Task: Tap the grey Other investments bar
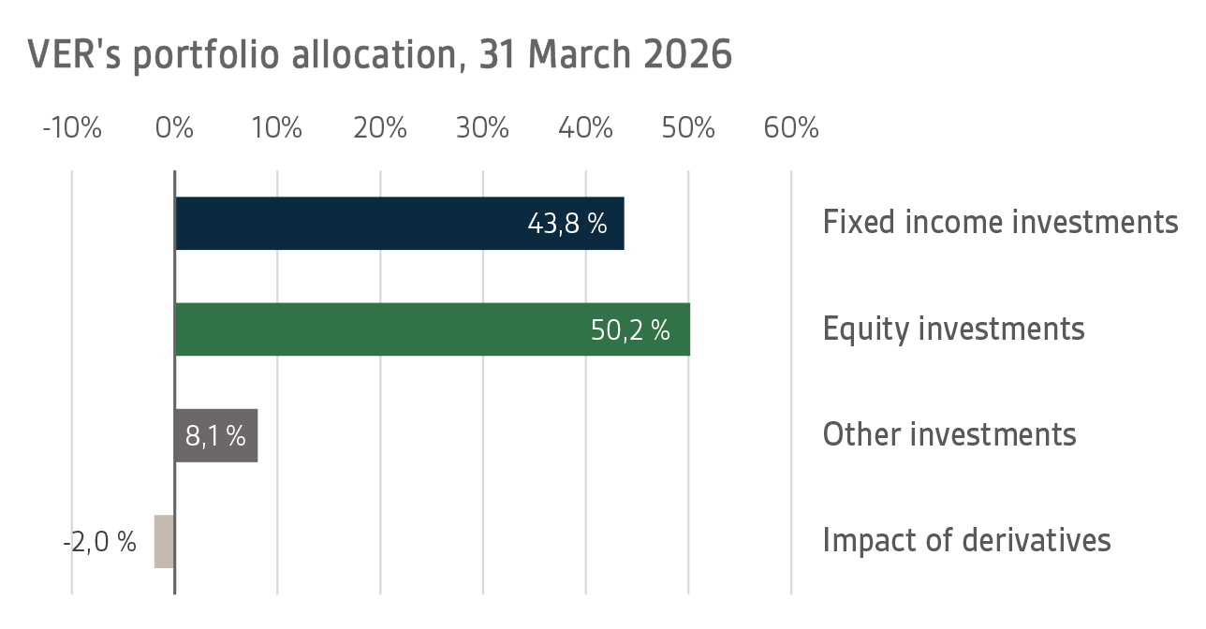(x=216, y=435)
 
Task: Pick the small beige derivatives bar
(x=165, y=541)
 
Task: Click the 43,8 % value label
(x=567, y=224)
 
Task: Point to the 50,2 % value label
(x=630, y=329)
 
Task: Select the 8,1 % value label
(x=215, y=435)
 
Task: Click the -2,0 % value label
(x=100, y=541)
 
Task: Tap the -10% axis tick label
(x=72, y=128)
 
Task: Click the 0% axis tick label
(x=175, y=128)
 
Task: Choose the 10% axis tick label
(x=277, y=128)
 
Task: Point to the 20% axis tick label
(x=380, y=128)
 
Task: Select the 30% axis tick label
(x=483, y=128)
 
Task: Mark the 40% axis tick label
(x=586, y=128)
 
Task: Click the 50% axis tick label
(x=688, y=128)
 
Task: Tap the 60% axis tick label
(x=791, y=128)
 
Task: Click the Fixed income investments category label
(x=1000, y=223)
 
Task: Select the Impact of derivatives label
(x=966, y=540)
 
